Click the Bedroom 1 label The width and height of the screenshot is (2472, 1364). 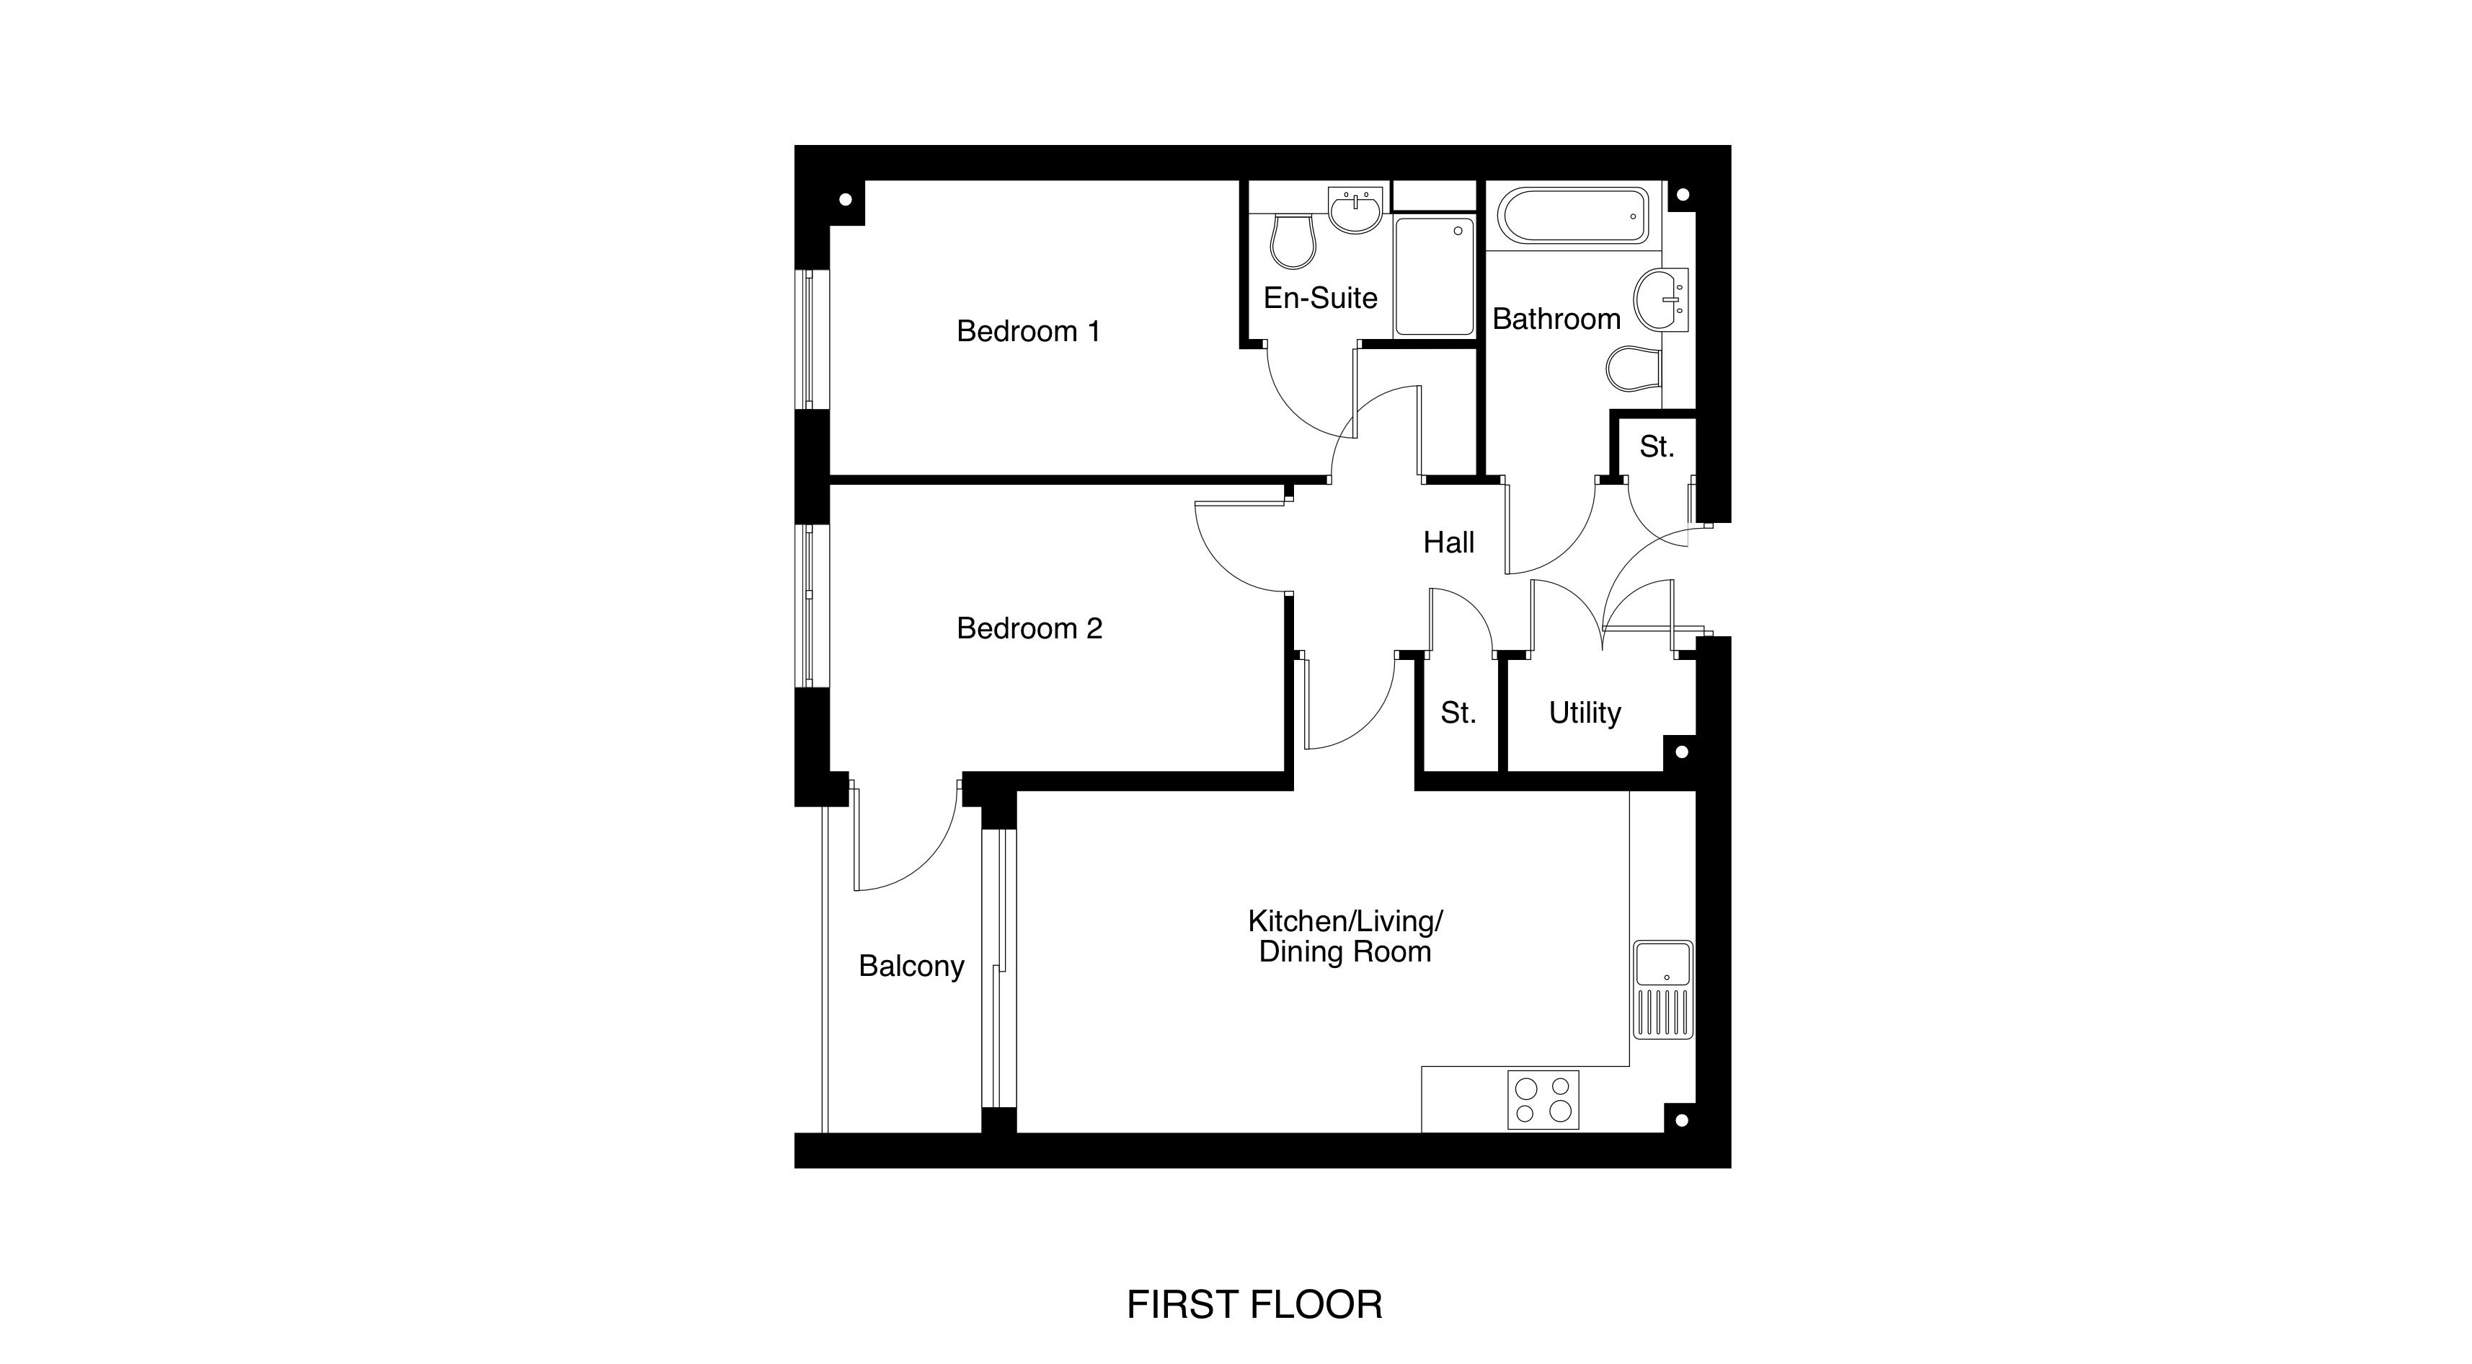pos(1028,331)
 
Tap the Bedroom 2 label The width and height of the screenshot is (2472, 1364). pos(1029,629)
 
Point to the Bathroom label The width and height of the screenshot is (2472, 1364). pos(1556,319)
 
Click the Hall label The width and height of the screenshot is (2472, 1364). pos(1448,543)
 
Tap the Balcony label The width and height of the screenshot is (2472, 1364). pos(911,966)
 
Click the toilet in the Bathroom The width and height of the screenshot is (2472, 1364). pos(1634,369)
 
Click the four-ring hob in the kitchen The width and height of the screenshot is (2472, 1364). pos(1543,1099)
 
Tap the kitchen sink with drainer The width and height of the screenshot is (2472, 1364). pos(1664,989)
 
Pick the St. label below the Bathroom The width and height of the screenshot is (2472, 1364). pos(1657,446)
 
